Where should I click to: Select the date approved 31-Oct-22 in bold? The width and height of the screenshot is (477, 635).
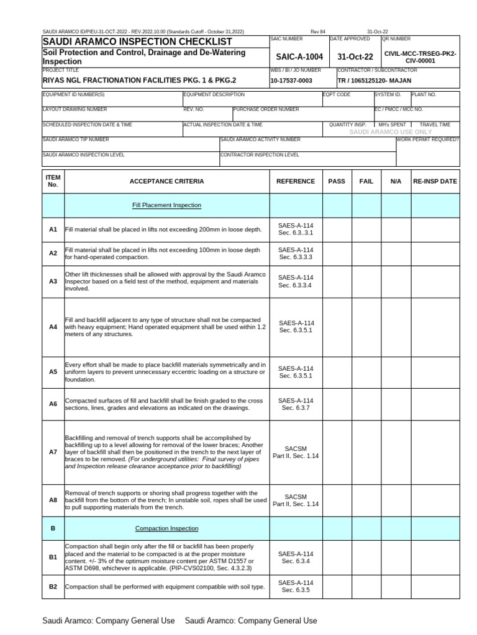(x=355, y=57)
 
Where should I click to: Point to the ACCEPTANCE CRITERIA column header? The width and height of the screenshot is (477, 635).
(x=166, y=181)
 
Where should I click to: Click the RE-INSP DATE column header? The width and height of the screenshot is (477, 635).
(x=435, y=181)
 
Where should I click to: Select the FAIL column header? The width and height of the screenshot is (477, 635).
(x=366, y=181)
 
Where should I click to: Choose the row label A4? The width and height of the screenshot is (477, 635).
(x=53, y=326)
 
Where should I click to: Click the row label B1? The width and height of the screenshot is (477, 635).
(x=53, y=557)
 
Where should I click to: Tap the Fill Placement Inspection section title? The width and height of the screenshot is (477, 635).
(x=166, y=205)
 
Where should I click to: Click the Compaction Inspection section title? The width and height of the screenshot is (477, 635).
(x=166, y=528)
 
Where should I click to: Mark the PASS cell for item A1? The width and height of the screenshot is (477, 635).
(x=337, y=229)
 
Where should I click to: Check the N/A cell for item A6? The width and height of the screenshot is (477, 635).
(x=396, y=404)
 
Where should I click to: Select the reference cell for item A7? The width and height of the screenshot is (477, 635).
(x=296, y=452)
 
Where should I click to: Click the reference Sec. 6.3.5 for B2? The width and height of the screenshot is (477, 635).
(x=296, y=590)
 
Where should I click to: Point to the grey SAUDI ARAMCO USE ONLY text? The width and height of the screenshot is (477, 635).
(x=391, y=132)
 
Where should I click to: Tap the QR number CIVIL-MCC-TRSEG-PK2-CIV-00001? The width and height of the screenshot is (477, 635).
(x=420, y=57)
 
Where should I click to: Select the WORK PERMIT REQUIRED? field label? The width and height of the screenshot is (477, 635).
(x=428, y=140)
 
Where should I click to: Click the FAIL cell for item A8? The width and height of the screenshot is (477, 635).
(x=366, y=500)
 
